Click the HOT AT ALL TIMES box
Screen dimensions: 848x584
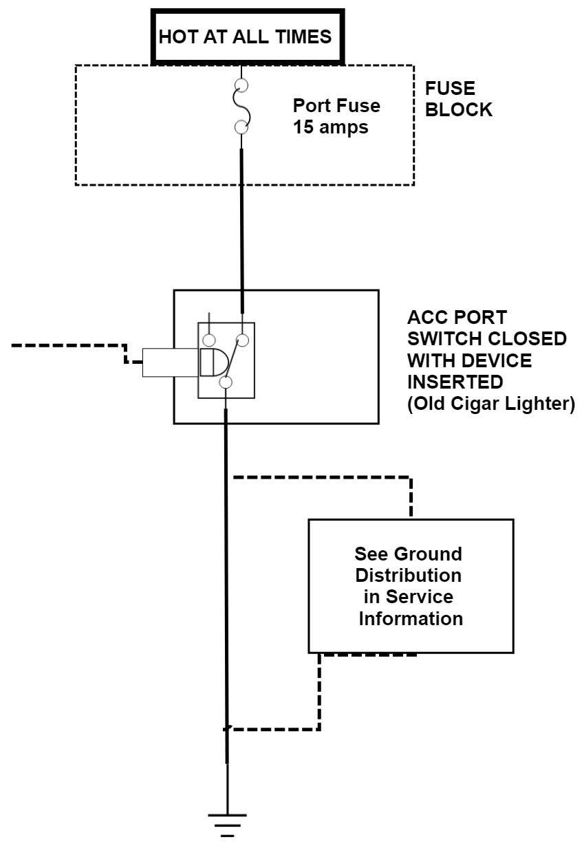[246, 36]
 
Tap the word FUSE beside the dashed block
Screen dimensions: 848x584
[451, 89]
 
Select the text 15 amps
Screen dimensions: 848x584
[331, 127]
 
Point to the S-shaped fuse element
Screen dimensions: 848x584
[241, 107]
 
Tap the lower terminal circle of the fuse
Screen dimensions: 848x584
[241, 127]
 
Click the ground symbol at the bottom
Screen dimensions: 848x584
[227, 824]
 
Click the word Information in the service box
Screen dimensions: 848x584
[411, 618]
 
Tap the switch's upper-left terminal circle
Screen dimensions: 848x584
[208, 340]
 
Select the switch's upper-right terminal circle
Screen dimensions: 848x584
[241, 340]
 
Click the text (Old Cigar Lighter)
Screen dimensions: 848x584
[491, 404]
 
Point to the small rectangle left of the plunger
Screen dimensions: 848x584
[171, 362]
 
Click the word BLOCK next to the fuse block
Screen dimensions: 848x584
[459, 110]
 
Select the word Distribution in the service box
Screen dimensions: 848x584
[409, 575]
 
